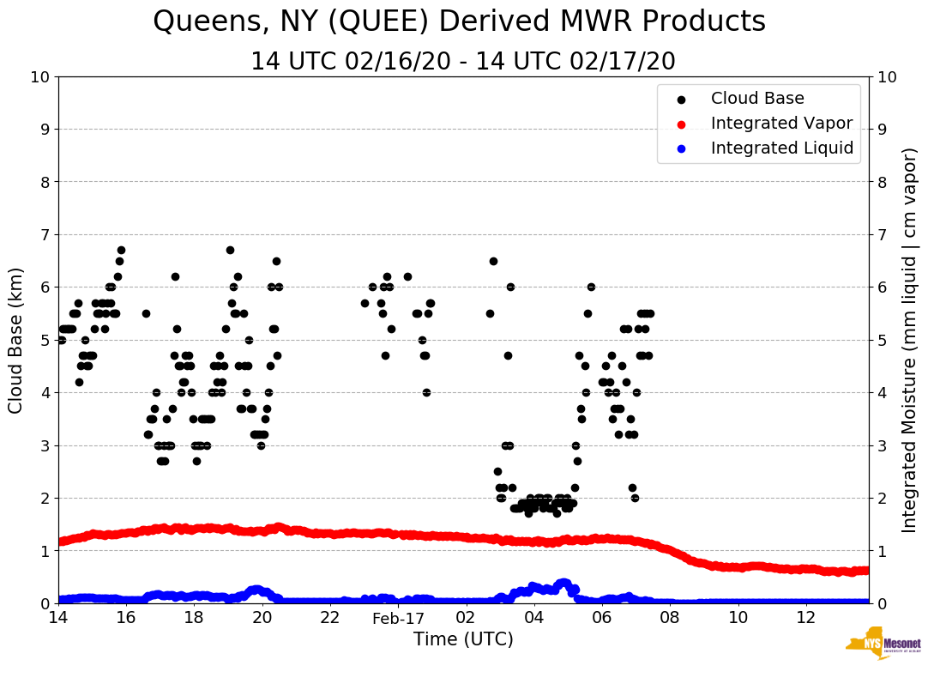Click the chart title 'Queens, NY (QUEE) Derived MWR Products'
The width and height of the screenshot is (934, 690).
(x=459, y=22)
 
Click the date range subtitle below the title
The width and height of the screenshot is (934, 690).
(x=463, y=62)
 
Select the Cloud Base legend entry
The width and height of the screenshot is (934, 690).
(x=757, y=99)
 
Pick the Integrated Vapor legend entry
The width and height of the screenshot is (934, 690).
(x=781, y=124)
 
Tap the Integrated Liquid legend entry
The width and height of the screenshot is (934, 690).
(x=782, y=148)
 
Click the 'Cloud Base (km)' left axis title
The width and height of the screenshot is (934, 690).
(x=16, y=339)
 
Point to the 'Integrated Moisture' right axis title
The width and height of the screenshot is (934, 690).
(x=909, y=339)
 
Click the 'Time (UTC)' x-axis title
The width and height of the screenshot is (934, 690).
(x=463, y=639)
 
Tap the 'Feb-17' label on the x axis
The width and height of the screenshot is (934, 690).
(x=398, y=618)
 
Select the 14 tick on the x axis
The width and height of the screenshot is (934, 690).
(x=58, y=618)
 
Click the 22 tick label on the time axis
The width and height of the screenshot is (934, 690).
(x=330, y=618)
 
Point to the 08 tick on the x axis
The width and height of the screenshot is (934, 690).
(x=670, y=618)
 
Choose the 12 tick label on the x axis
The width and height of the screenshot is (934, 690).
(x=805, y=618)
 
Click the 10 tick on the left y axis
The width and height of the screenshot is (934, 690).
(x=39, y=77)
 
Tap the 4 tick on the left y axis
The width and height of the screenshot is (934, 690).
(x=45, y=392)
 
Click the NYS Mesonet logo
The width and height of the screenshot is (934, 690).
(x=883, y=645)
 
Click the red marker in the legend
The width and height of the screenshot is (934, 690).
(x=681, y=124)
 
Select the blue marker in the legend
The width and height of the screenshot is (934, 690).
(x=681, y=148)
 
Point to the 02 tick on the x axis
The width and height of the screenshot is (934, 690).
(x=466, y=618)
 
